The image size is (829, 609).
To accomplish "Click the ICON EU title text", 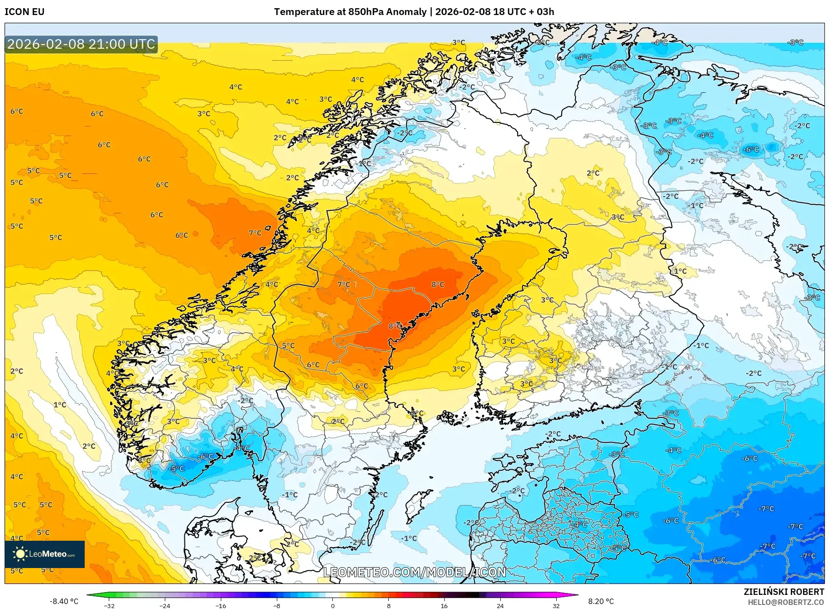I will tap(25, 12).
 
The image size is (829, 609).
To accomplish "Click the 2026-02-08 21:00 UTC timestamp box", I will tap(81, 44).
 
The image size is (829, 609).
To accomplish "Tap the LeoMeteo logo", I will tap(45, 554).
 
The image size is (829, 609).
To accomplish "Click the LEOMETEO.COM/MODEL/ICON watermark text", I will tap(414, 572).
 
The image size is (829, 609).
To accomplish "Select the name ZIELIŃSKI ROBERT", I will tap(783, 592).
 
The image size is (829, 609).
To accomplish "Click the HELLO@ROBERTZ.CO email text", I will tap(786, 602).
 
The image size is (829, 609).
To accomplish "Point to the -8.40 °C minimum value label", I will tap(64, 601).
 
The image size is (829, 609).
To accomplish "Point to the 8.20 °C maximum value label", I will tap(601, 601).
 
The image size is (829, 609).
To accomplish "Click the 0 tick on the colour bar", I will tap(333, 605).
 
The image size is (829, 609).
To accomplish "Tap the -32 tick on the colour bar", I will tap(109, 605).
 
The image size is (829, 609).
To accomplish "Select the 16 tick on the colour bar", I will tap(444, 605).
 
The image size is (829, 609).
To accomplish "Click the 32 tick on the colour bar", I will tap(556, 605).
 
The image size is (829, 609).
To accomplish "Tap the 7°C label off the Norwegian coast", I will tap(255, 233).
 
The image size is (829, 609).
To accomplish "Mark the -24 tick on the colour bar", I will tap(165, 605).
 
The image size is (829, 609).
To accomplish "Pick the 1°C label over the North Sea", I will tap(60, 405).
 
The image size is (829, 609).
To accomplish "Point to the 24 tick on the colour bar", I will tap(500, 605).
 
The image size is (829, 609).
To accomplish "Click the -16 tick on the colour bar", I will tap(221, 605).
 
